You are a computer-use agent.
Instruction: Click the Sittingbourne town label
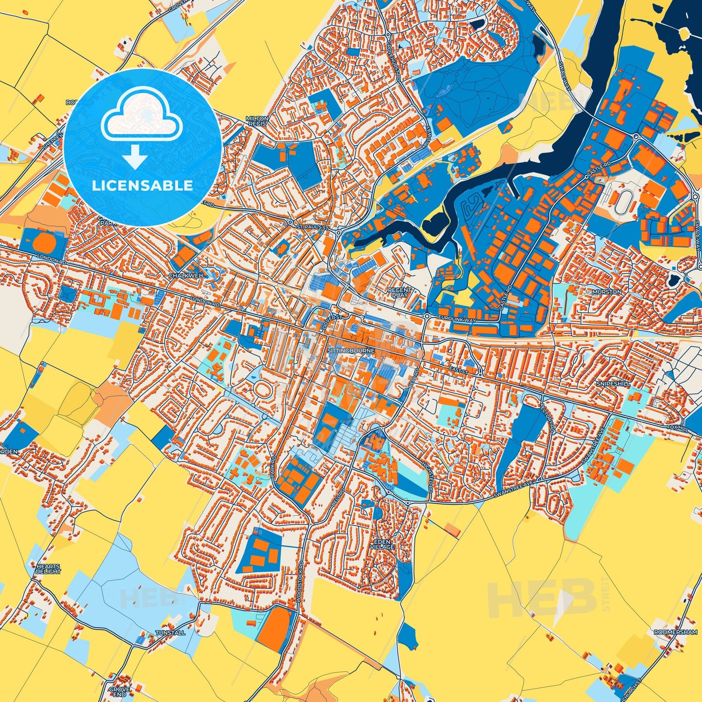point(344,350)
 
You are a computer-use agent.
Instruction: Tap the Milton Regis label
point(257,121)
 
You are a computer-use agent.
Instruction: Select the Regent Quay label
point(400,292)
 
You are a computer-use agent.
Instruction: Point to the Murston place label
point(607,292)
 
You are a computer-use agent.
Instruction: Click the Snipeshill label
point(614,384)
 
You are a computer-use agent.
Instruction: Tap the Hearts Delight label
point(48,569)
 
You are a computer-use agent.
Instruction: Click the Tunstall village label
point(170,633)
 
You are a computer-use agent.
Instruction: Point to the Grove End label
point(119,692)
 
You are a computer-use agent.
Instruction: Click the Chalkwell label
point(187,275)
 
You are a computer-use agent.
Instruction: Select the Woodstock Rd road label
point(301,583)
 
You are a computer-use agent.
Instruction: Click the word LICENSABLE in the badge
point(142,186)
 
